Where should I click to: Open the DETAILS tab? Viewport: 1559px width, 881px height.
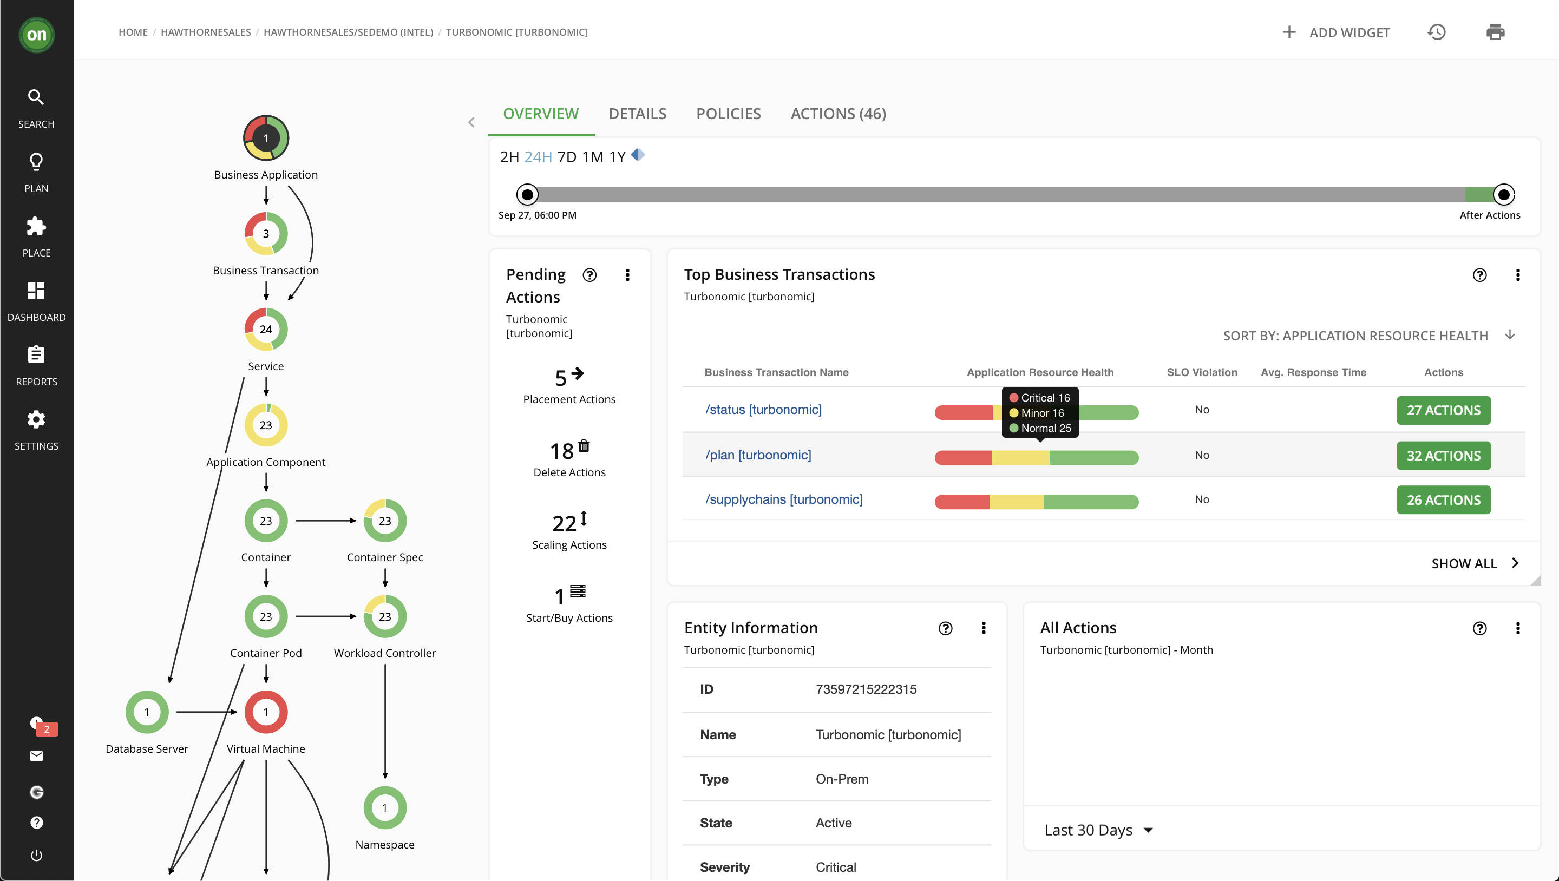click(637, 114)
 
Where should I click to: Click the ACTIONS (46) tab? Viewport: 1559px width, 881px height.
click(838, 114)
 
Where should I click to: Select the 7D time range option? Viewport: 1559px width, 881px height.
click(566, 157)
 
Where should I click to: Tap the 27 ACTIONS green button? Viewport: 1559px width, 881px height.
click(1443, 410)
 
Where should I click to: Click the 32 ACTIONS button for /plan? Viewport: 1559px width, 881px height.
click(1443, 456)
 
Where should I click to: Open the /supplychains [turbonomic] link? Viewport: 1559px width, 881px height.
click(784, 499)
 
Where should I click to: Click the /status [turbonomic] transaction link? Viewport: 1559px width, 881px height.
click(763, 410)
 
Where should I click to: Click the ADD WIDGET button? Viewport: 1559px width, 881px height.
click(1337, 32)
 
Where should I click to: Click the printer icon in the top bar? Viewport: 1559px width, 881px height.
click(1495, 32)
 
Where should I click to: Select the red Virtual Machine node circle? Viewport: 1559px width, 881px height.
click(266, 712)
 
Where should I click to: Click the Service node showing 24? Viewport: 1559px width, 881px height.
click(266, 329)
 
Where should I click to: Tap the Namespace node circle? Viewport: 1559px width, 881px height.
click(385, 808)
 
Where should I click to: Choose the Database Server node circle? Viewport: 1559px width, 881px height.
click(147, 712)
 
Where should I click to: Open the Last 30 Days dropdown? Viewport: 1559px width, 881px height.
click(1098, 830)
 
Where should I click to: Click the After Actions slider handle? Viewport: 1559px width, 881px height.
click(1503, 195)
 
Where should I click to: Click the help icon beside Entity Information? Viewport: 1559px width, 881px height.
click(945, 629)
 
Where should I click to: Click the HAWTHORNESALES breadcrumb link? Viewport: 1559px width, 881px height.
click(206, 32)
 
